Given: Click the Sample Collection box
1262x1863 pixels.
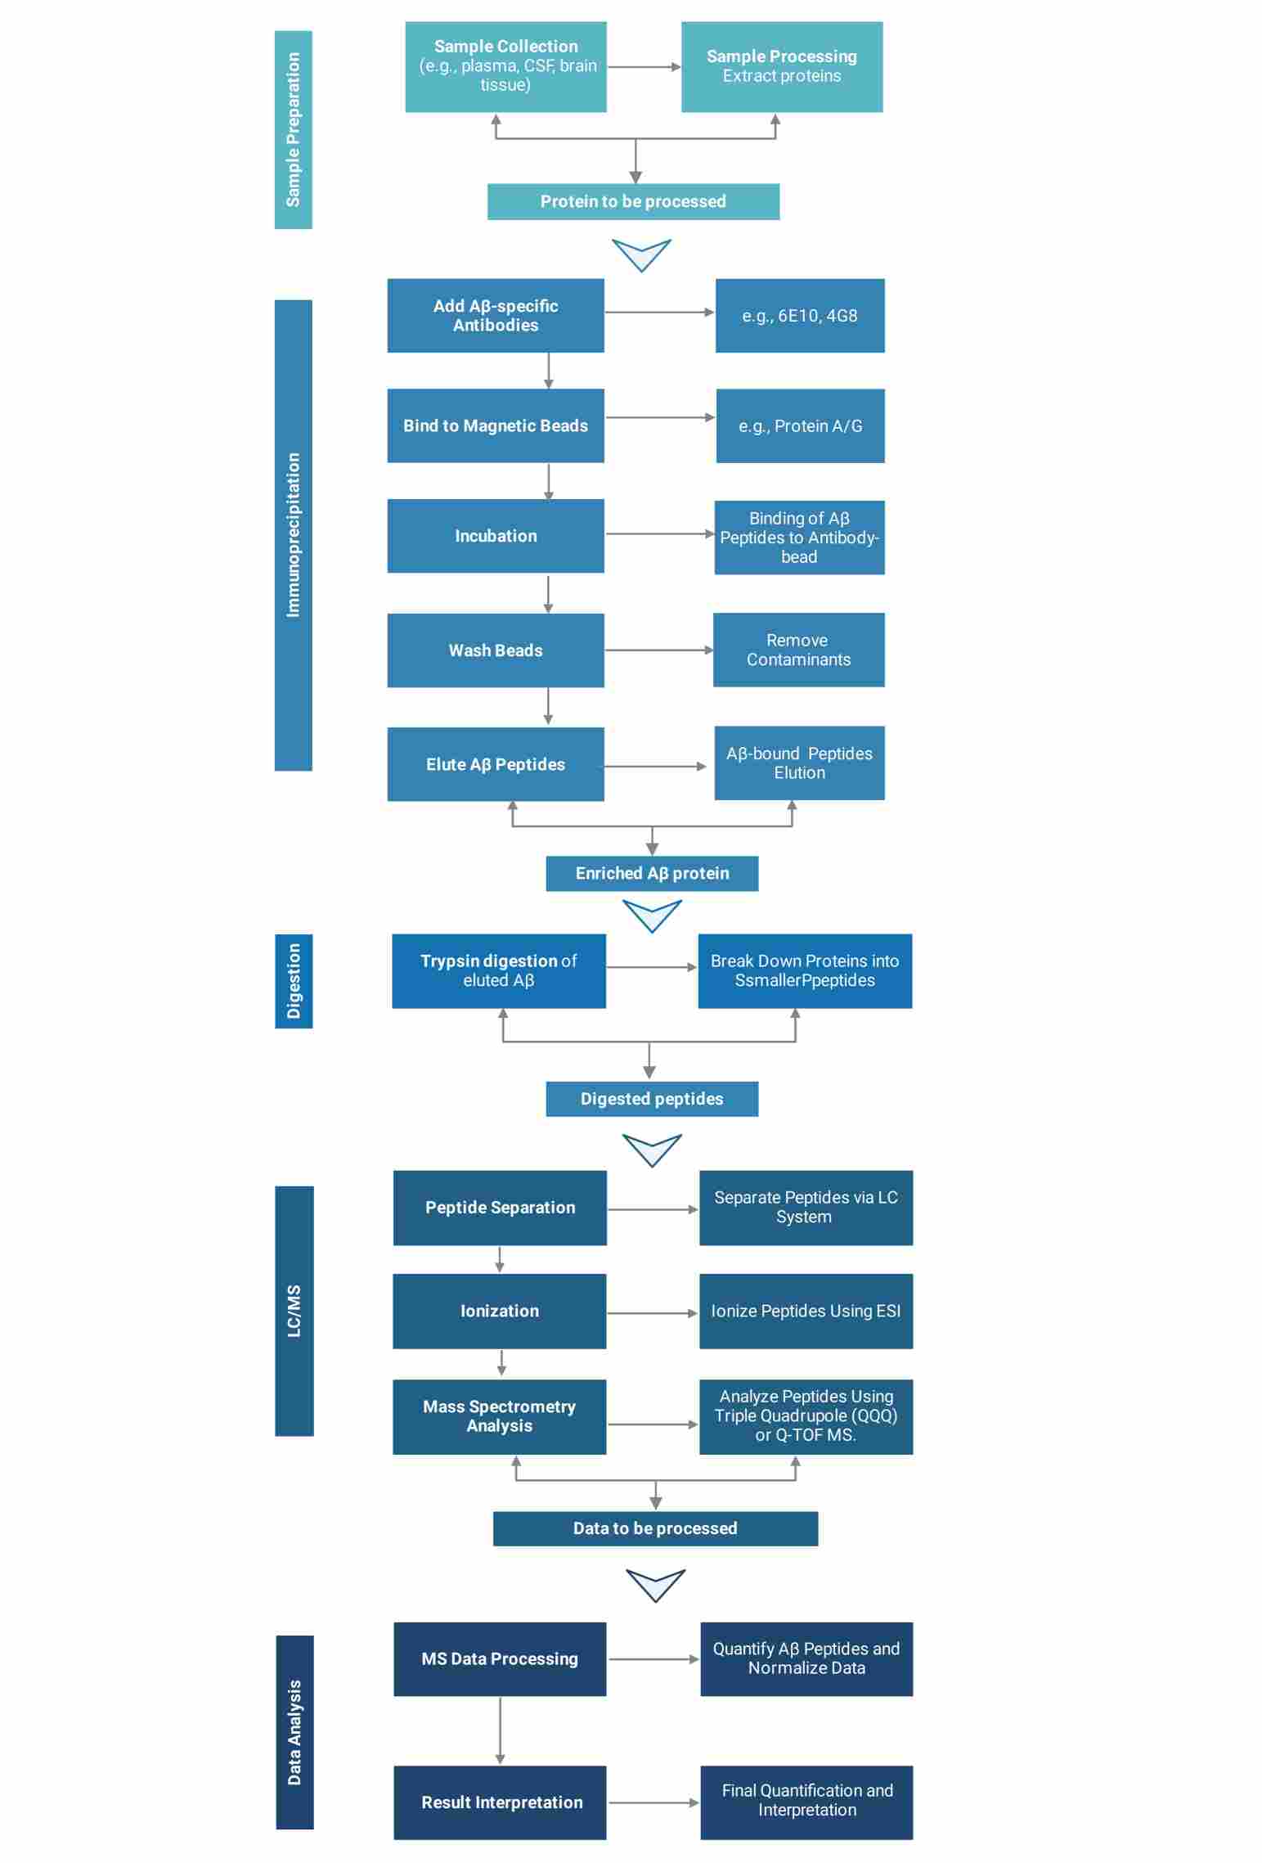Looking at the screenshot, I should (x=505, y=66).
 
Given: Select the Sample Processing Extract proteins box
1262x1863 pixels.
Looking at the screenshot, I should (x=781, y=66).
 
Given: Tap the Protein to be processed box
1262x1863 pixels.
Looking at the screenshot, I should (x=633, y=201).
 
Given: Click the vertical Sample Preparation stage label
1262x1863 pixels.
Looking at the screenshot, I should (x=293, y=129).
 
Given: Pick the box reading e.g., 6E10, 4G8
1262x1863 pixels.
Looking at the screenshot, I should (x=799, y=316).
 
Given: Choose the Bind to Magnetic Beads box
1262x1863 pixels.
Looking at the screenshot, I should (x=496, y=425).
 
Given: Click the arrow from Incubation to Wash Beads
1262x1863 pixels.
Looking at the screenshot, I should (x=548, y=593).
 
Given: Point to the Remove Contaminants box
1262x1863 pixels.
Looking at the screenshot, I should (x=798, y=650).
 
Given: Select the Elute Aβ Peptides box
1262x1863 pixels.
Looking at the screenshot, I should (x=496, y=764).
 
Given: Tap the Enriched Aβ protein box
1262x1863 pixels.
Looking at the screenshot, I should (x=652, y=873).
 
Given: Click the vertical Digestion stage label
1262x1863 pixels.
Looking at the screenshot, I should (x=294, y=980).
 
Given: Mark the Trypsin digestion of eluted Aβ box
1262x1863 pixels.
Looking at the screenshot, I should (x=499, y=970).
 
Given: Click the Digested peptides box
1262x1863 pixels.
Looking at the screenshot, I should (x=652, y=1099).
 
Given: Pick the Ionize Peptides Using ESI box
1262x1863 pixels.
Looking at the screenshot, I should (x=806, y=1311).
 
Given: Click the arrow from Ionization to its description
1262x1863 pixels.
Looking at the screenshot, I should (x=652, y=1313).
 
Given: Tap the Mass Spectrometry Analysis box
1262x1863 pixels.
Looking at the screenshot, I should (x=499, y=1416).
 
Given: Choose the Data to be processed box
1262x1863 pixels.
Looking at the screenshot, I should (x=655, y=1528).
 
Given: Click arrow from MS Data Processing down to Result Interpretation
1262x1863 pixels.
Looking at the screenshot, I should (x=500, y=1730).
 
